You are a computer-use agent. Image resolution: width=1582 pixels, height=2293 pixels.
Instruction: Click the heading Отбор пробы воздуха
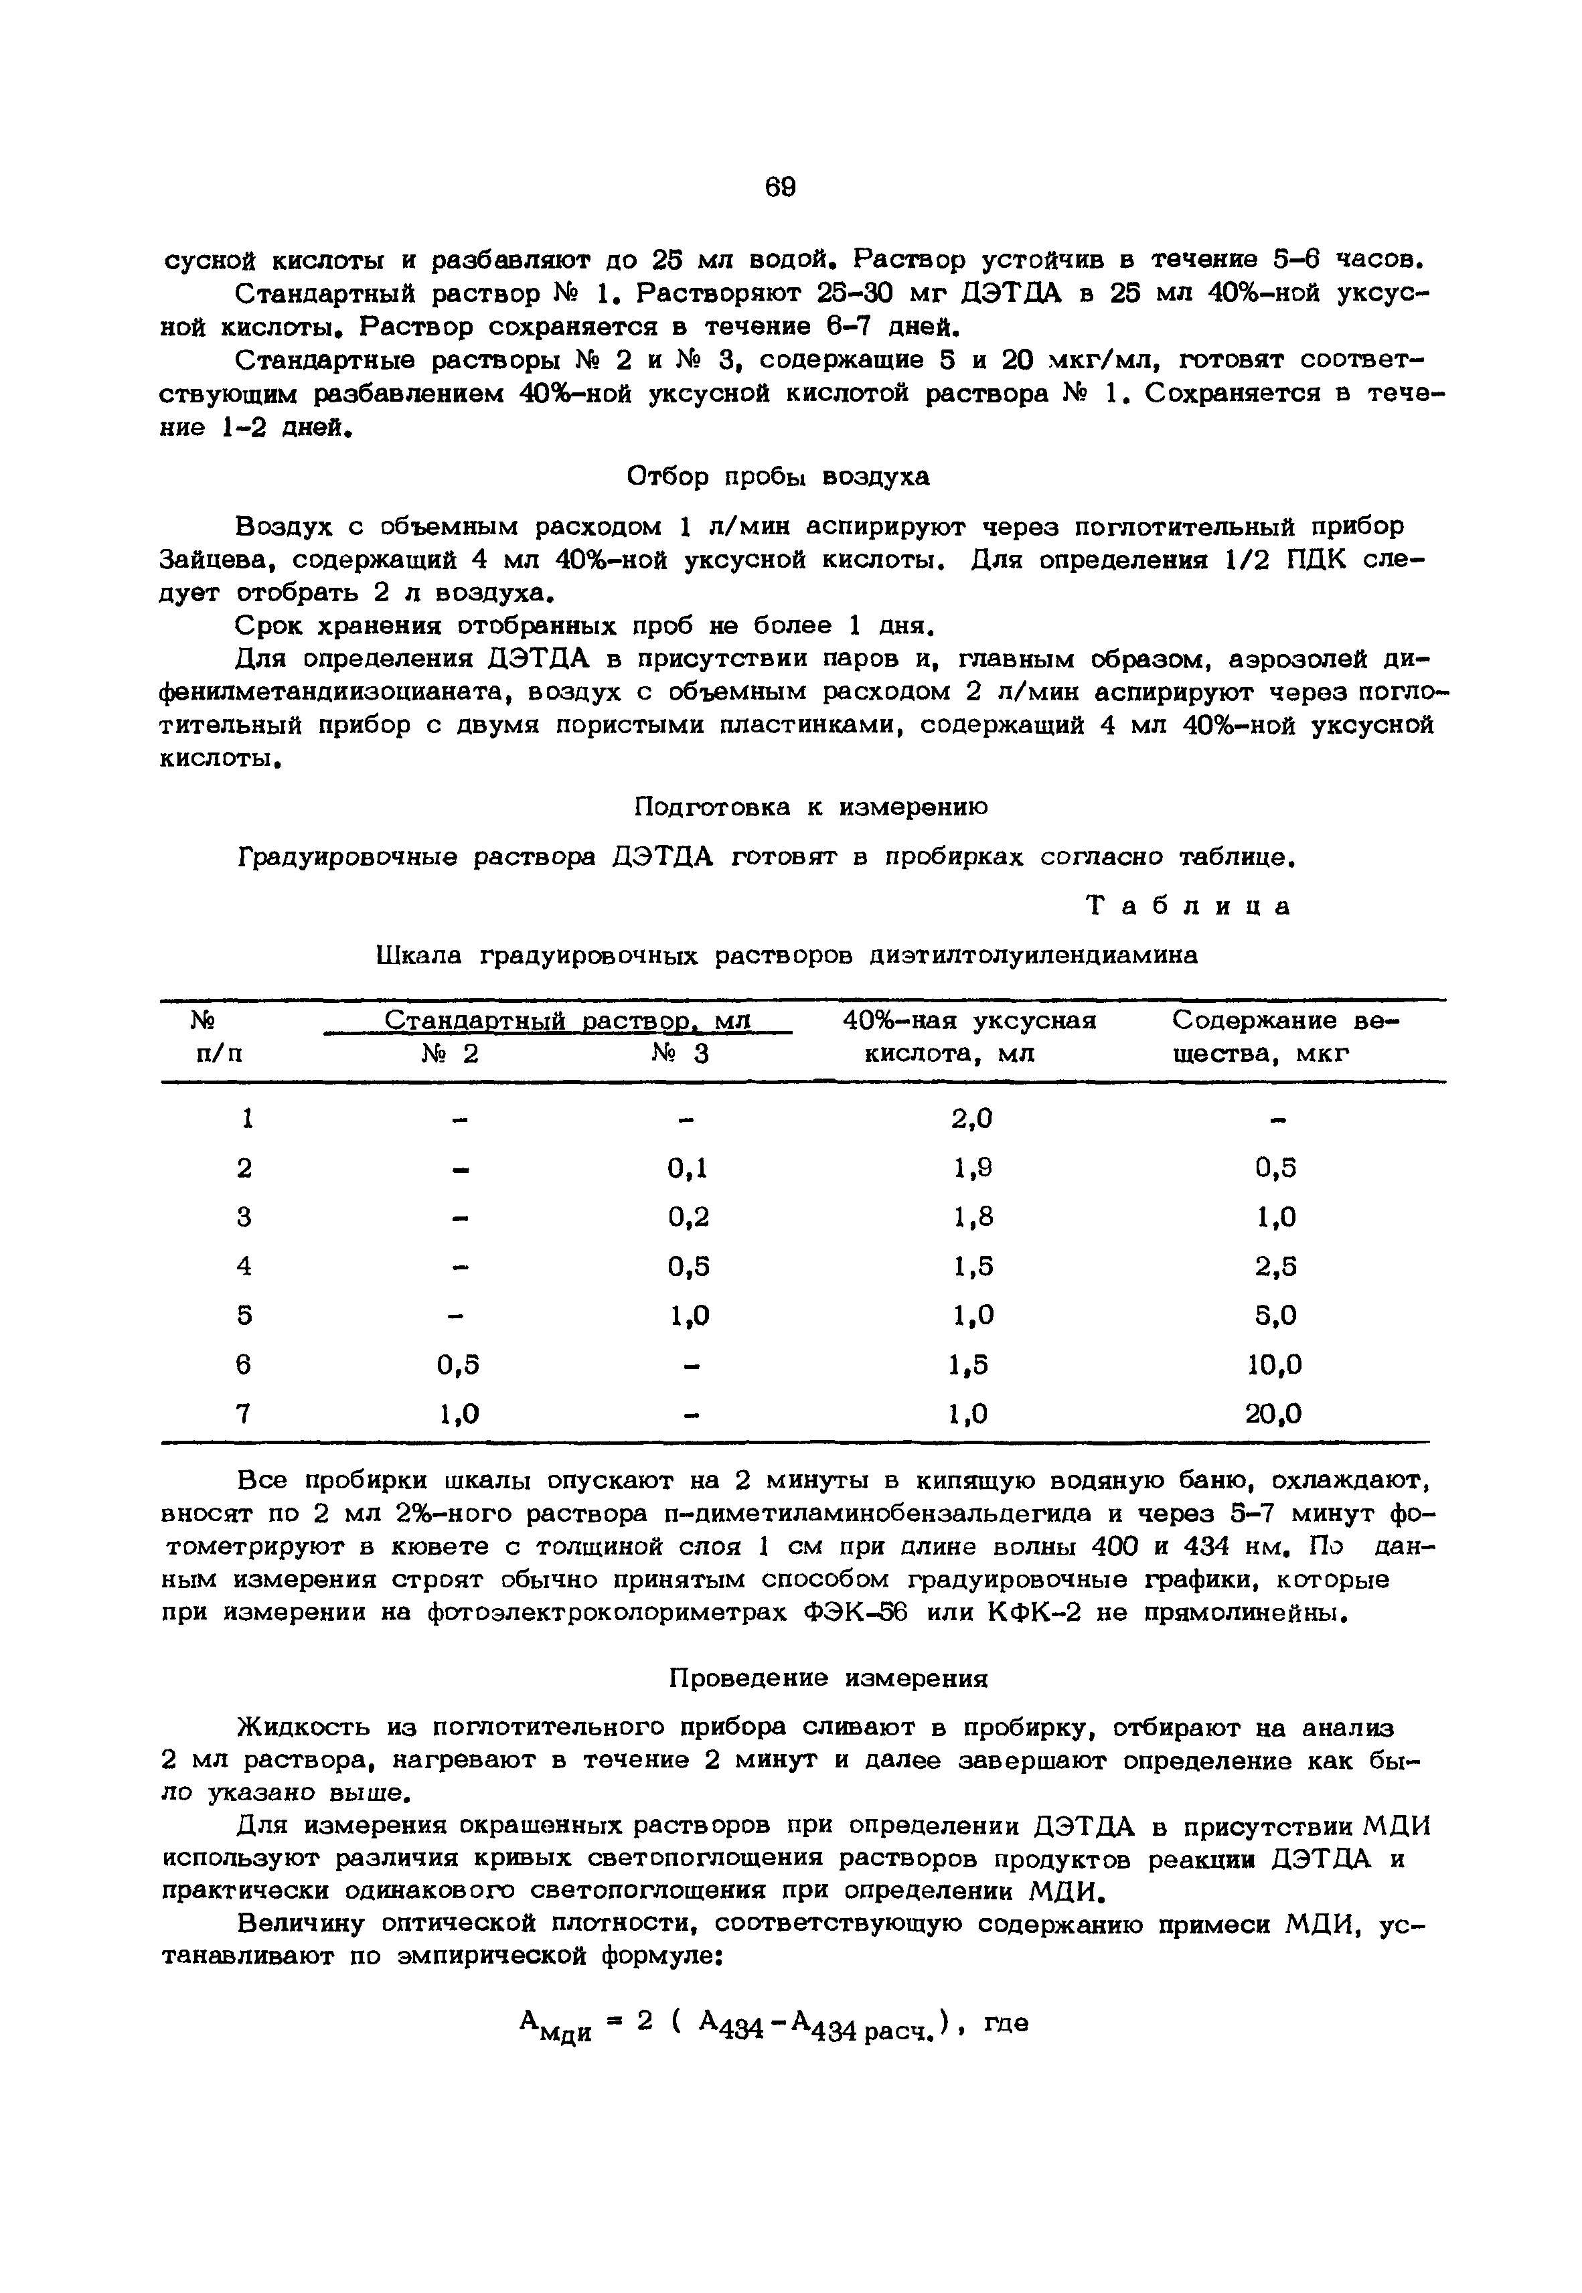[x=779, y=477]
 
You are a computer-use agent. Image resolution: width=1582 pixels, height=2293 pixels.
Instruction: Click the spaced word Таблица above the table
[x=1190, y=906]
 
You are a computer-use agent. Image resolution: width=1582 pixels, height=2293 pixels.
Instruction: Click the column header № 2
[x=449, y=1054]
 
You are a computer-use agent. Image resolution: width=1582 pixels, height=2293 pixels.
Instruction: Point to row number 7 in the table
[x=244, y=1413]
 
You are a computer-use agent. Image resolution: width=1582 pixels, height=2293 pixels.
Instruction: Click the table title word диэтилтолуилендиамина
[x=1033, y=955]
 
